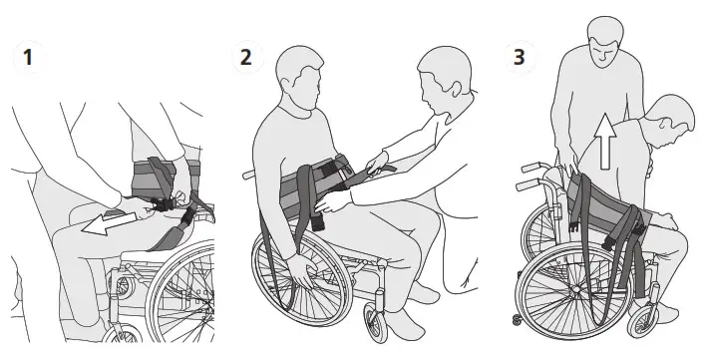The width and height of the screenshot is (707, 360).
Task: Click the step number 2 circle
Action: [246, 56]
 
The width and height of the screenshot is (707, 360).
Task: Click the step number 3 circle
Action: [518, 57]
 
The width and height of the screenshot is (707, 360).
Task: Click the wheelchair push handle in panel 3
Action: [529, 167]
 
